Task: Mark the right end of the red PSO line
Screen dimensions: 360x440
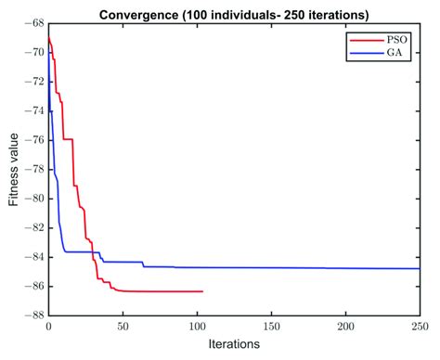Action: click(x=202, y=291)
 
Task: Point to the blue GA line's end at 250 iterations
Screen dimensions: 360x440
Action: click(x=419, y=268)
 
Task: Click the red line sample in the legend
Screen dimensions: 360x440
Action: click(x=364, y=42)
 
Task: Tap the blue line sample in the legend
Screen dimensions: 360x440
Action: click(x=364, y=55)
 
